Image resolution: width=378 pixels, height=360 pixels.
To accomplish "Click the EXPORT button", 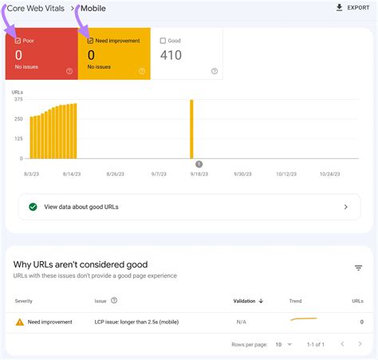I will [352, 8].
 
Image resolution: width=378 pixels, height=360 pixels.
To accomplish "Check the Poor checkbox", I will [18, 40].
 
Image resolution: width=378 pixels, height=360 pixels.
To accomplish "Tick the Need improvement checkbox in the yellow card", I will [89, 40].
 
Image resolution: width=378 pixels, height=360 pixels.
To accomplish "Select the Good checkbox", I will [163, 40].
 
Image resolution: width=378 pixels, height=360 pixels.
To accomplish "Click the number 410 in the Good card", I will [171, 55].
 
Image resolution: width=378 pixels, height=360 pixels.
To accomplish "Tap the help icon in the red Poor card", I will [69, 71].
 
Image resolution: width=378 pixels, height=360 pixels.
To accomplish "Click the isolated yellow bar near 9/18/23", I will [191, 129].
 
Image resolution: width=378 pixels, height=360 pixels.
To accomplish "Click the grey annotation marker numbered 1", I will [199, 164].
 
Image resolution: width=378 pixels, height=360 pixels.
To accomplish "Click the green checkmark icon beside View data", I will [33, 206].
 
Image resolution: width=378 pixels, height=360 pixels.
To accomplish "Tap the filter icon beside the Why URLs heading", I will [359, 268].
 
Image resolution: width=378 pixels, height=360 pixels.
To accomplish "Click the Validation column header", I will [248, 301].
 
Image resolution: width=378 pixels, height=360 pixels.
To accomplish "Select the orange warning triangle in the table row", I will [19, 322].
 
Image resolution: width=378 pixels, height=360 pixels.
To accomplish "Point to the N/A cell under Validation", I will [241, 322].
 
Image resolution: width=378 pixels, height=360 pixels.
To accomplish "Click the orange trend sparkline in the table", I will [303, 320].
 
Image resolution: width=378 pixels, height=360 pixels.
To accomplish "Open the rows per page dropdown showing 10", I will [282, 344].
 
